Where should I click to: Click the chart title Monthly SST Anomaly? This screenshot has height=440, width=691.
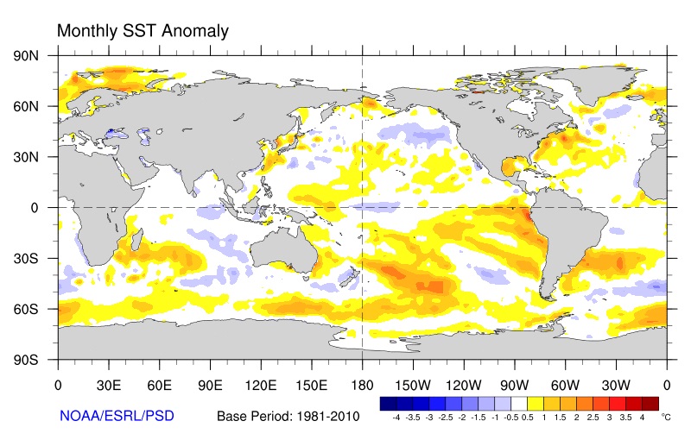pyautogui.click(x=143, y=31)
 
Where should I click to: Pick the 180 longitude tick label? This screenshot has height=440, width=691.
pyautogui.click(x=361, y=383)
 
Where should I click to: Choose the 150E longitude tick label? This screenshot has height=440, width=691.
pyautogui.click(x=311, y=383)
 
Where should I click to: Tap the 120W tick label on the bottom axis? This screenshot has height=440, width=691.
pyautogui.click(x=463, y=383)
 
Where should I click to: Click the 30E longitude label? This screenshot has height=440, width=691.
pyautogui.click(x=108, y=383)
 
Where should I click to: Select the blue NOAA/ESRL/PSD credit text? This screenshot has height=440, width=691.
pyautogui.click(x=117, y=416)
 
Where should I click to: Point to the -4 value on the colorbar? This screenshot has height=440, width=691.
pyautogui.click(x=396, y=417)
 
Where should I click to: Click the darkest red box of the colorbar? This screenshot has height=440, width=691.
pyautogui.click(x=650, y=402)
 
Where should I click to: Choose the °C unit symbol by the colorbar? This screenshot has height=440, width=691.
pyautogui.click(x=665, y=416)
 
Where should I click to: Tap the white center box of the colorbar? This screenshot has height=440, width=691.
pyautogui.click(x=519, y=402)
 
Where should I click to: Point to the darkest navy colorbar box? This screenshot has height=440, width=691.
pyautogui.click(x=389, y=402)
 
